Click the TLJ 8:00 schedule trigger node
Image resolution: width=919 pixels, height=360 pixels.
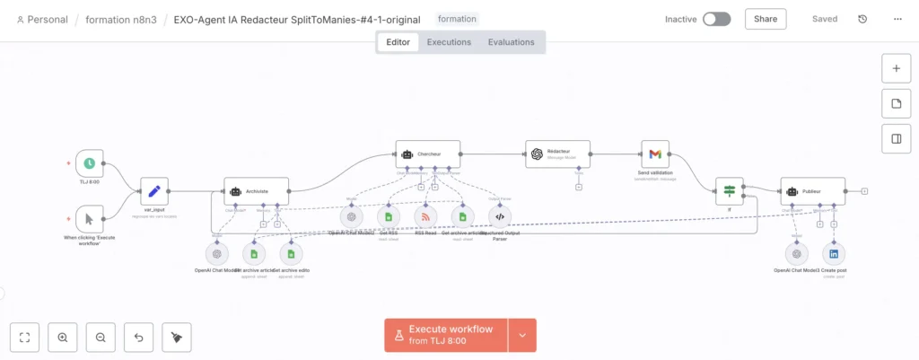click(x=90, y=163)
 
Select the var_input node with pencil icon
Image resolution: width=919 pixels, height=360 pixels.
click(x=154, y=190)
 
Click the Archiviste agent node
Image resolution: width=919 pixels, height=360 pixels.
click(x=256, y=190)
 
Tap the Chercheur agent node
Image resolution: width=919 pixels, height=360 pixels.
click(x=428, y=154)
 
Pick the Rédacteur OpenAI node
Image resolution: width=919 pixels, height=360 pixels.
click(x=557, y=154)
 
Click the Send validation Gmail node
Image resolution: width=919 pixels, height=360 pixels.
click(x=655, y=154)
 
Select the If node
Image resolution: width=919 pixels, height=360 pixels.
click(x=730, y=190)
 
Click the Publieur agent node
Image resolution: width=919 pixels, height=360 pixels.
click(x=812, y=190)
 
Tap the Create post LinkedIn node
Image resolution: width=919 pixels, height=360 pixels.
click(x=835, y=254)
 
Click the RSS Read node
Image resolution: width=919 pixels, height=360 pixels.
click(x=425, y=216)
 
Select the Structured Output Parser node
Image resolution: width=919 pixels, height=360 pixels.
click(x=500, y=216)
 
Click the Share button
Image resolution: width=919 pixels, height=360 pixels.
click(x=766, y=19)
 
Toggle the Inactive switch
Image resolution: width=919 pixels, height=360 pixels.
click(x=716, y=19)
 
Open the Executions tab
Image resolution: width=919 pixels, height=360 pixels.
click(x=449, y=42)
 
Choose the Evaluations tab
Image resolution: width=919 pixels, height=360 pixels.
click(x=511, y=42)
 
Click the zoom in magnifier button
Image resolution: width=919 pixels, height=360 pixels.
click(x=63, y=338)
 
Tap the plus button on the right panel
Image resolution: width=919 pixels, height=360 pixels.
click(x=896, y=68)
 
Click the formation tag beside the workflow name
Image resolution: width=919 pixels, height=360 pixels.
click(x=458, y=19)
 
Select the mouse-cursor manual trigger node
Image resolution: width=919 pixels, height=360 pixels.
click(x=90, y=218)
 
